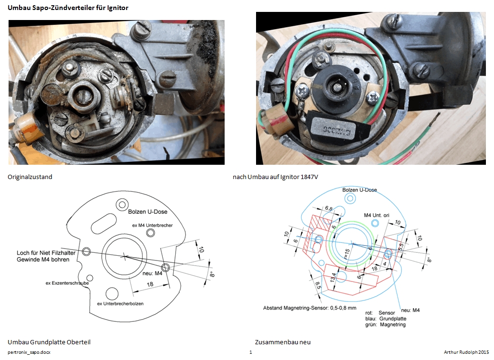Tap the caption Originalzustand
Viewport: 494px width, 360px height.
(x=30, y=177)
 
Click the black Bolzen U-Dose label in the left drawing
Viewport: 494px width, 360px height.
(x=148, y=212)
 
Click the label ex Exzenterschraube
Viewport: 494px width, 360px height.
(x=67, y=283)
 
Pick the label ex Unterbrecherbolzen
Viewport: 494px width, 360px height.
(x=120, y=303)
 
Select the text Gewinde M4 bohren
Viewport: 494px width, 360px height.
(x=44, y=260)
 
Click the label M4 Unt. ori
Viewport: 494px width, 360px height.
(x=376, y=215)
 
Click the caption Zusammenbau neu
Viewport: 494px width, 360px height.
(x=283, y=342)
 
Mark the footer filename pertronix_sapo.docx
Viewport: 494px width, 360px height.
(x=29, y=352)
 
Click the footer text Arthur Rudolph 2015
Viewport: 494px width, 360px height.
(x=466, y=352)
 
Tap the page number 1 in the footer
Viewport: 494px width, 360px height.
(x=251, y=352)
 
